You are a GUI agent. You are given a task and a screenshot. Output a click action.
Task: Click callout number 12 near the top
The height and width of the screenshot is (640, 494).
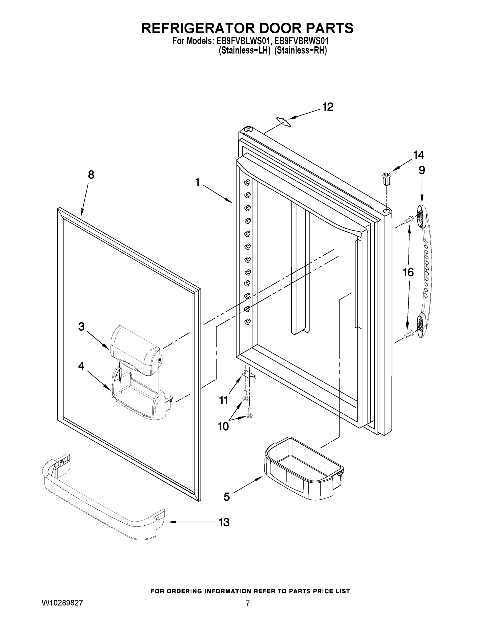328,107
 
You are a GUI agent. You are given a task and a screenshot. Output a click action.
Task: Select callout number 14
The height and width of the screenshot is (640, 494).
418,155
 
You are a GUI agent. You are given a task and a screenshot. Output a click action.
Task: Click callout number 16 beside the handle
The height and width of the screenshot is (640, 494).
408,273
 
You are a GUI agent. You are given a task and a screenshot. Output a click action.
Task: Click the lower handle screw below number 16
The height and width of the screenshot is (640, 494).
409,334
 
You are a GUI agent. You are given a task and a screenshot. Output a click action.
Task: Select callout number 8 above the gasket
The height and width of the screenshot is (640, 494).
91,175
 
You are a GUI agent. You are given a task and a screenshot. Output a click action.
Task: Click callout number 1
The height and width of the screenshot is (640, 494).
198,182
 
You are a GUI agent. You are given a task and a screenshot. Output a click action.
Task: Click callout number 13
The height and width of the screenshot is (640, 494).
224,522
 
